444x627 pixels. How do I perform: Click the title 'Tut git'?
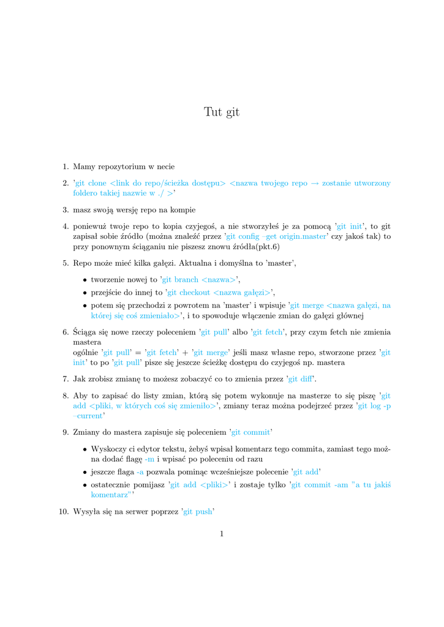[x=222, y=112]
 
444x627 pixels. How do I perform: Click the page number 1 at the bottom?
[x=222, y=534]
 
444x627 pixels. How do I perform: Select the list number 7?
[x=65, y=379]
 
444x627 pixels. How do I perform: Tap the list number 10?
[x=63, y=511]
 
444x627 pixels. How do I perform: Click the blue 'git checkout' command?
[x=189, y=292]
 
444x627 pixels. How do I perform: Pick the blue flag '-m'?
[x=149, y=459]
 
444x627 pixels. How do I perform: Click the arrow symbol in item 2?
[x=315, y=183]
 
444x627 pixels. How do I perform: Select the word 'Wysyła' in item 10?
[x=86, y=511]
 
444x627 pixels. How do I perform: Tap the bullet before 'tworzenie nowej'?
[x=84, y=280]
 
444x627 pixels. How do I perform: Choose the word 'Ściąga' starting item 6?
[x=86, y=332]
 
